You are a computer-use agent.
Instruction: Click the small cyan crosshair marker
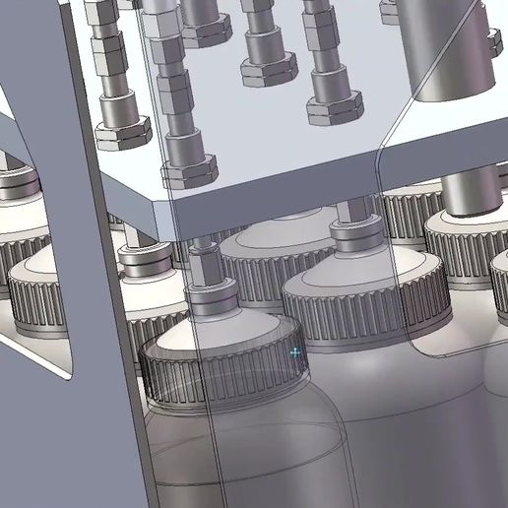(295, 351)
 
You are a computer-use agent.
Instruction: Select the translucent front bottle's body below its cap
(246, 453)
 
